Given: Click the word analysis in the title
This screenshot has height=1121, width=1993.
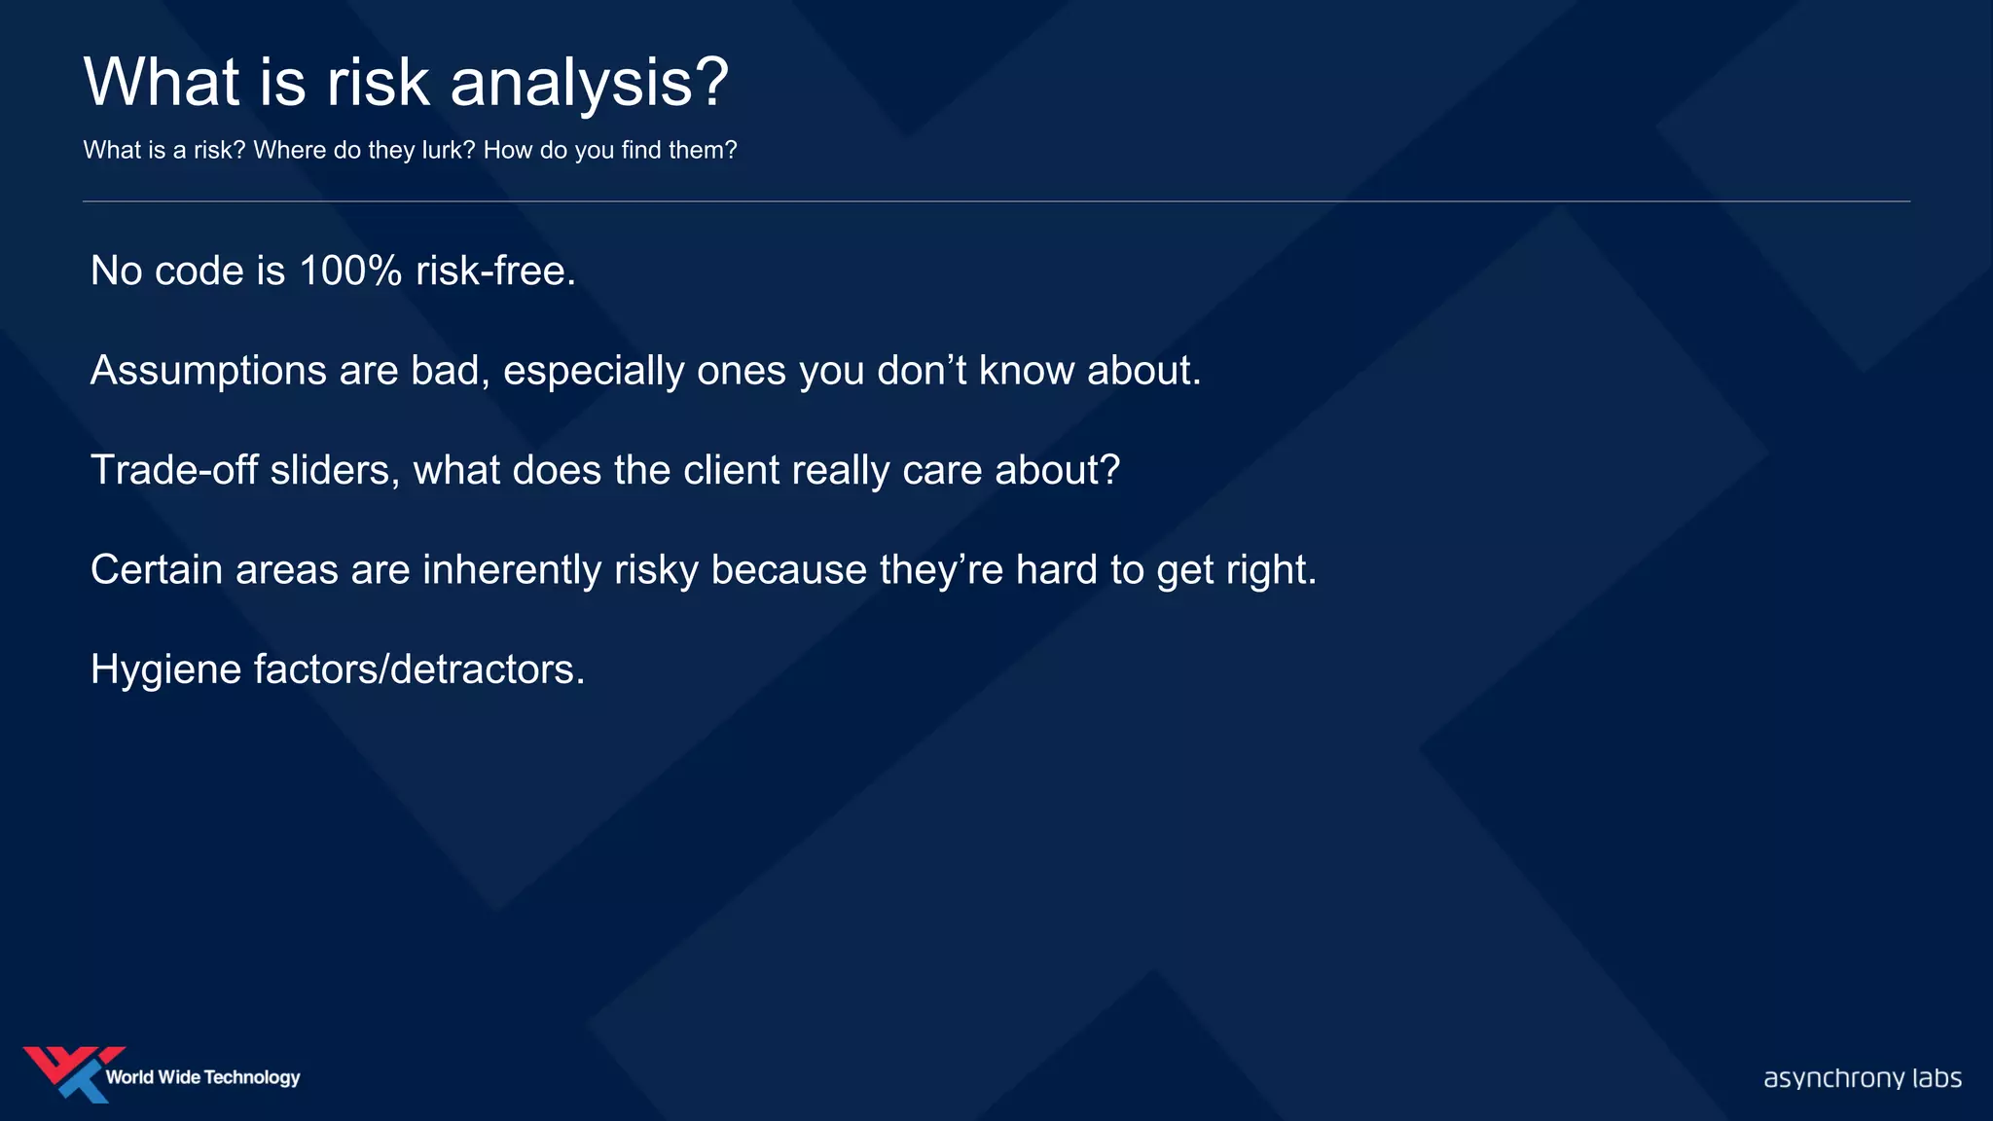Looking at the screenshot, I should click(x=588, y=83).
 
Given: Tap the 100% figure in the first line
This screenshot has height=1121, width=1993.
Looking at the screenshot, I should click(x=350, y=271).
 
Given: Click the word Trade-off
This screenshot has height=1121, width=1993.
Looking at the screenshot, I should click(x=174, y=470).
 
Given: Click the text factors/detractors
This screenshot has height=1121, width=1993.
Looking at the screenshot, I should click(x=419, y=669).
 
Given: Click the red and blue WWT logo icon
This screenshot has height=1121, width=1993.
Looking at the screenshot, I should click(x=72, y=1073).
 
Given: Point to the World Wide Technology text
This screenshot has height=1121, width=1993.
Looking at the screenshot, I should click(x=202, y=1077).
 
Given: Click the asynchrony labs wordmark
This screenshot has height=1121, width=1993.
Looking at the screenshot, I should click(x=1862, y=1078).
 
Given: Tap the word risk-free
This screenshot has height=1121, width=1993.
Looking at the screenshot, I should click(x=495, y=271).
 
